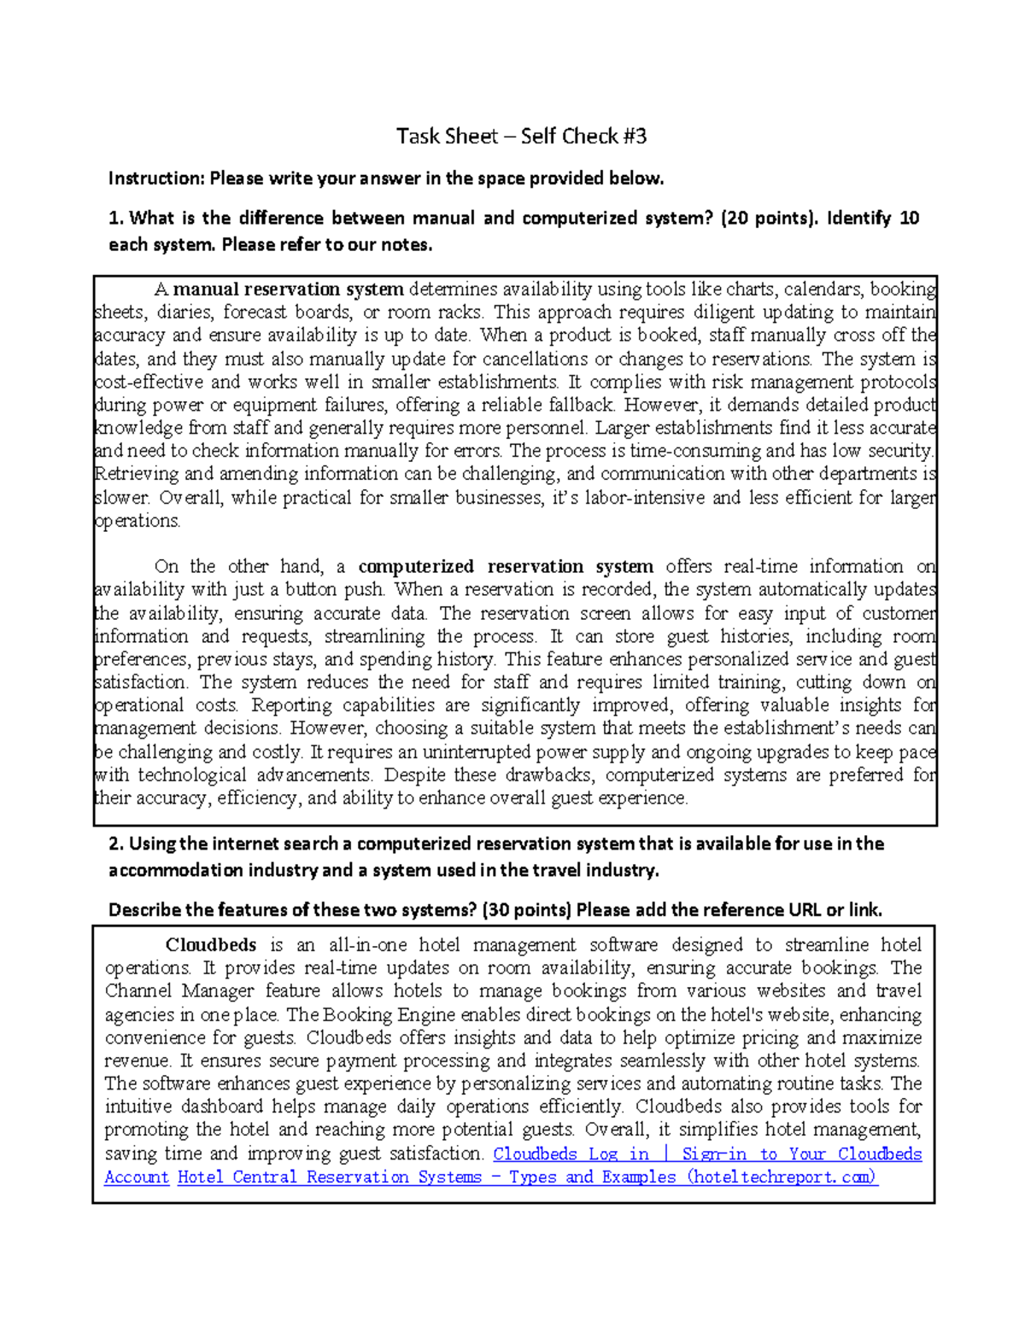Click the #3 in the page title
click(x=634, y=136)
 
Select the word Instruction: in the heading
click(x=156, y=178)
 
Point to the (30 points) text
click(x=526, y=909)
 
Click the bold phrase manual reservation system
click(x=289, y=289)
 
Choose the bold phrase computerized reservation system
click(x=506, y=566)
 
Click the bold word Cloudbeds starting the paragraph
click(x=211, y=944)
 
